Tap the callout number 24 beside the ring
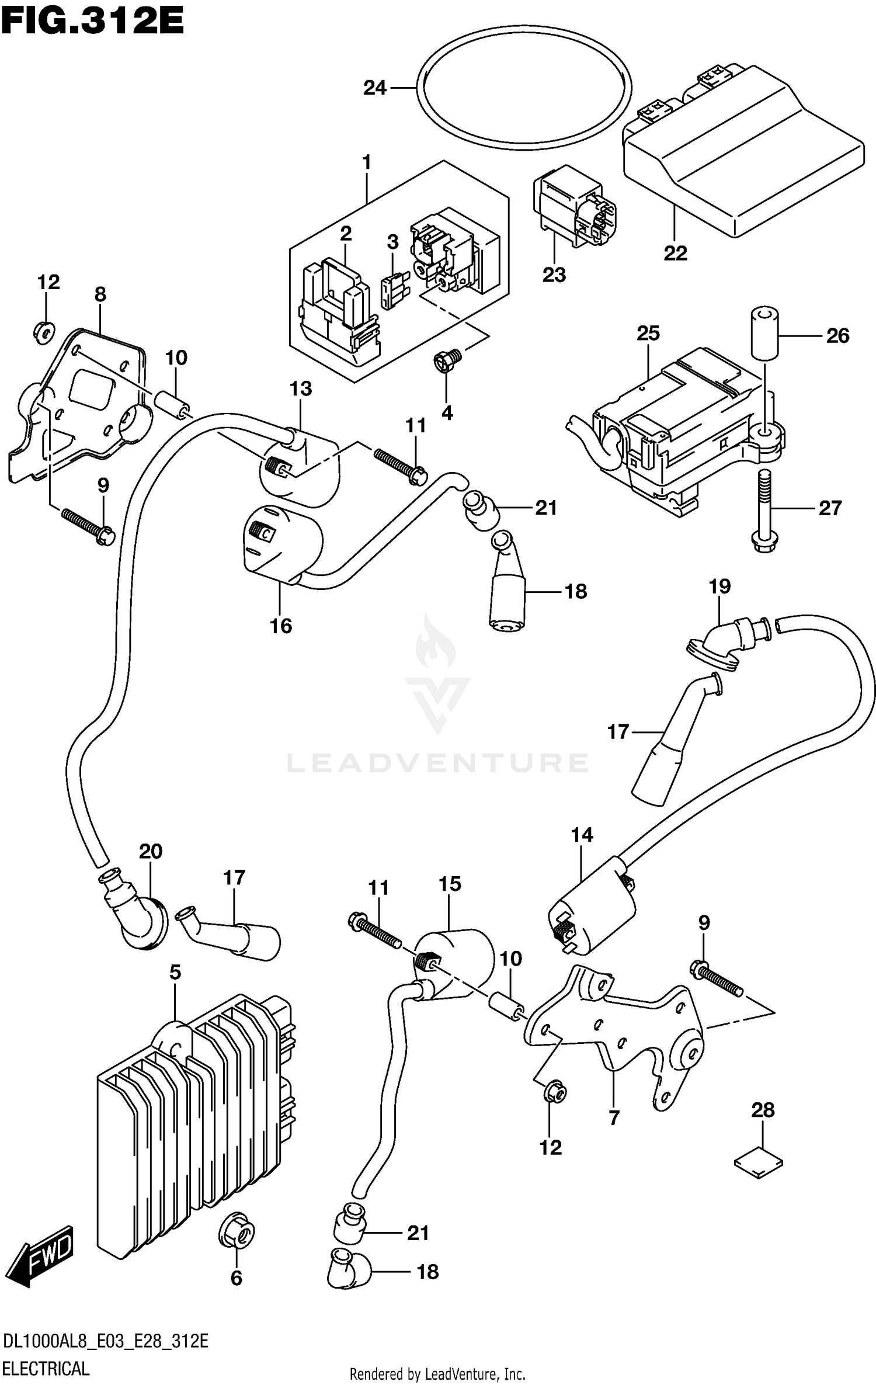(375, 88)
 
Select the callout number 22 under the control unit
(675, 253)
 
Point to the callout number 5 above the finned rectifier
(175, 973)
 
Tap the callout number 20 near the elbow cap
(150, 851)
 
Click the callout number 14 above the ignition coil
(582, 835)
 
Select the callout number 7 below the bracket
(614, 1118)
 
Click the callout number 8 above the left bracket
(100, 294)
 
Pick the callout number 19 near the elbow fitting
(719, 586)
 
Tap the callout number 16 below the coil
(280, 626)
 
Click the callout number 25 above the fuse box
(648, 333)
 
